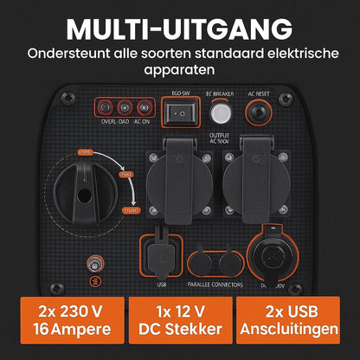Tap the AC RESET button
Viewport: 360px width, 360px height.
point(257,112)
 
